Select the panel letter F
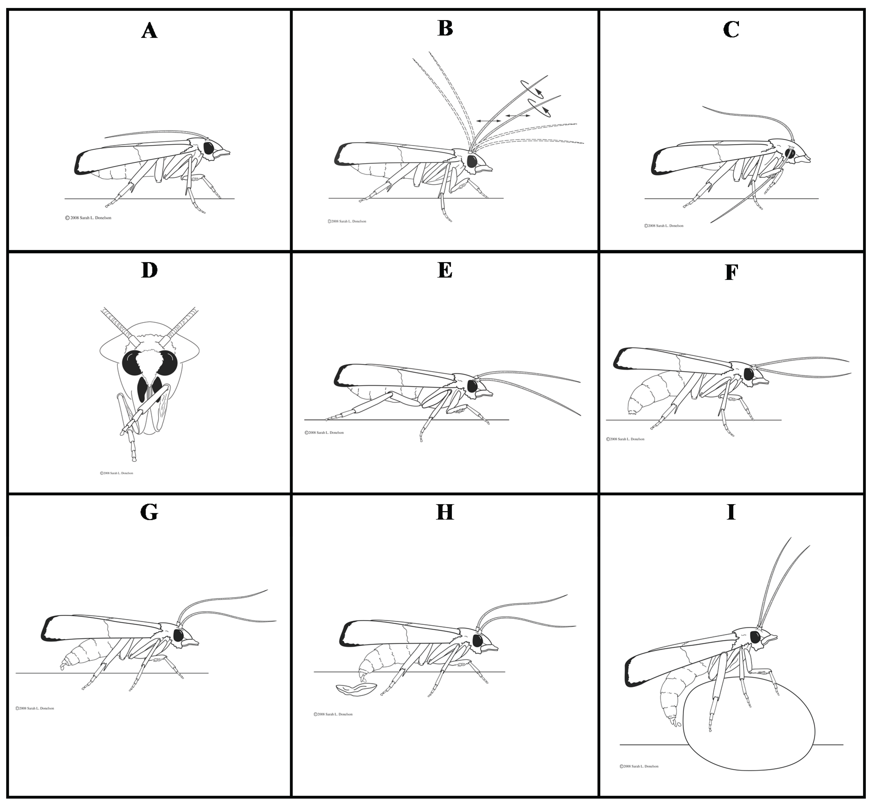tap(731, 272)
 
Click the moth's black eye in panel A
tap(209, 148)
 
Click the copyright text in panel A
tap(88, 218)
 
